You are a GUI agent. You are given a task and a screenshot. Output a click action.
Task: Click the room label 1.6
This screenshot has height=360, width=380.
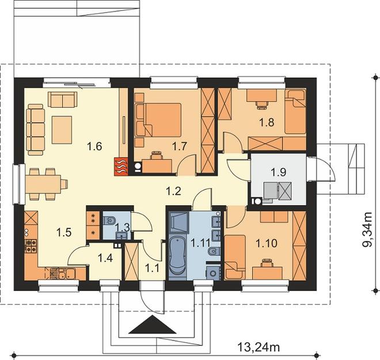[94, 147]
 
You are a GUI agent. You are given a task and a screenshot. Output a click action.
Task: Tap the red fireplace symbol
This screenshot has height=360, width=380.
[121, 167]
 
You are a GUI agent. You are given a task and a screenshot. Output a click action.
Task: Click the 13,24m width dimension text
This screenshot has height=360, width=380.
[259, 347]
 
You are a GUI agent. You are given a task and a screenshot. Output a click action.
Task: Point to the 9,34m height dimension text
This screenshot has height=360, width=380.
[367, 229]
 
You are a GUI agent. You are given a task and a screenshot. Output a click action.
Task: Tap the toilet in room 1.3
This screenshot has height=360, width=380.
[109, 221]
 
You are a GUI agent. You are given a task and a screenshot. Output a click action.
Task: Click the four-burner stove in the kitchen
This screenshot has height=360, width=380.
[31, 246]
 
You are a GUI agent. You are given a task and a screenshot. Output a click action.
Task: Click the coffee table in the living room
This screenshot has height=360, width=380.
[62, 130]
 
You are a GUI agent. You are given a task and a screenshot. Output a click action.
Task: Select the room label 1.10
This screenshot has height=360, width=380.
[267, 243]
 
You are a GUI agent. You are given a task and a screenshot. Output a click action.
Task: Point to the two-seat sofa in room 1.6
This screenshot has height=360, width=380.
[63, 99]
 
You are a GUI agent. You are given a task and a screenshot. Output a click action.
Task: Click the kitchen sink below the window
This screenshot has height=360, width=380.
[66, 274]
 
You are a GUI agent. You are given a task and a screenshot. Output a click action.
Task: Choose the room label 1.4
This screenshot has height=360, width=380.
[105, 258]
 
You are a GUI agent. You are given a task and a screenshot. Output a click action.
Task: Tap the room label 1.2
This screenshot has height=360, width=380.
[173, 192]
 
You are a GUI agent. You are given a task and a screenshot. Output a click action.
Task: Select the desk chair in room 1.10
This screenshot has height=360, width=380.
[267, 263]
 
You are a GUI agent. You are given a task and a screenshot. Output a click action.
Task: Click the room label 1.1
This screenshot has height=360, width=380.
[152, 268]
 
